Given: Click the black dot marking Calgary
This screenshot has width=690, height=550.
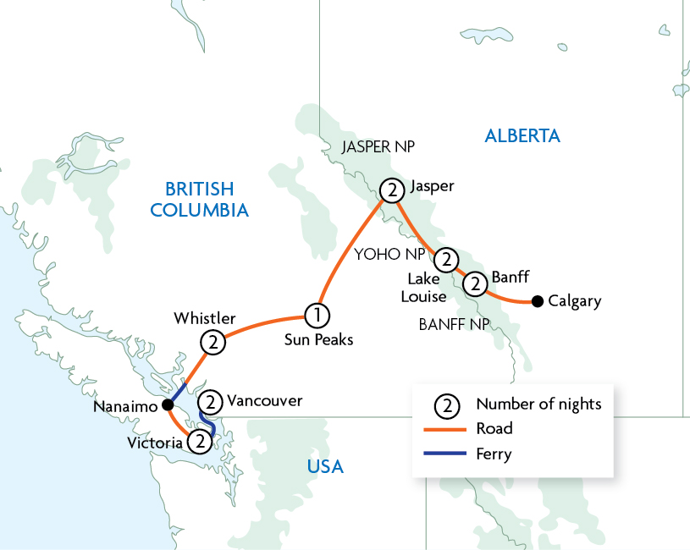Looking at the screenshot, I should point(537,300).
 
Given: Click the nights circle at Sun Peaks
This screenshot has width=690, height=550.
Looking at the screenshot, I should point(317,316).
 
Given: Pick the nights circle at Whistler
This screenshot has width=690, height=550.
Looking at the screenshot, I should point(212,342).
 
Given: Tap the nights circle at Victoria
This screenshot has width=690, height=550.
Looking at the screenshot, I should point(199,441).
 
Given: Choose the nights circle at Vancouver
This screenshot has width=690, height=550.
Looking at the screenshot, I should point(213,401).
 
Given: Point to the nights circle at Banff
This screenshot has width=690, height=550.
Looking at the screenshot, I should point(476,281).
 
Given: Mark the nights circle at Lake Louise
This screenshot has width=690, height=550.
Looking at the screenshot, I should point(446,257).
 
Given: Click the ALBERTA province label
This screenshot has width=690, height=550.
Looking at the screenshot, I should point(522,135).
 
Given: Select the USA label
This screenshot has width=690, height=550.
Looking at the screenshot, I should point(324,466).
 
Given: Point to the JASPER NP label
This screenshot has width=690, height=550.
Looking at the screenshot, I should point(378,147).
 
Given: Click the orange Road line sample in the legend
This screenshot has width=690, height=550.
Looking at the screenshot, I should point(445,429).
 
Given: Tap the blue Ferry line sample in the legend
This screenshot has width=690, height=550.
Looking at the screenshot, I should point(445,454).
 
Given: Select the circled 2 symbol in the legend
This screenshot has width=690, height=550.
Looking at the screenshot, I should point(445,404).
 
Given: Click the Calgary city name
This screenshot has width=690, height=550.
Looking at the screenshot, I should point(575,300).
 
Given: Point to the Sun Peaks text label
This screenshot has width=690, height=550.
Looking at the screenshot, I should point(318,339).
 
